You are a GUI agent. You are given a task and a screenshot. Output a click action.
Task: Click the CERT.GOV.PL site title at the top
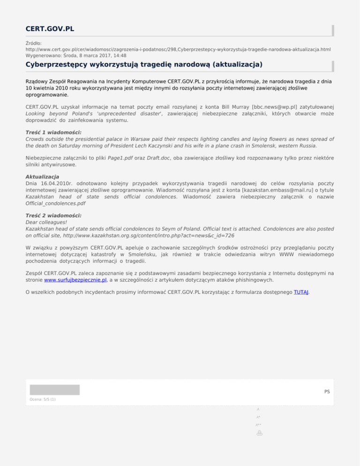tap(50, 29)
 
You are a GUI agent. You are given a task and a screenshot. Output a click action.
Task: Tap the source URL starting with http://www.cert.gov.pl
tap(178, 49)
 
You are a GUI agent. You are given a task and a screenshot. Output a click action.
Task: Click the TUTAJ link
tap(301, 292)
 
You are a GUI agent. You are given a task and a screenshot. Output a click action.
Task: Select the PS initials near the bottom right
tap(327, 391)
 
